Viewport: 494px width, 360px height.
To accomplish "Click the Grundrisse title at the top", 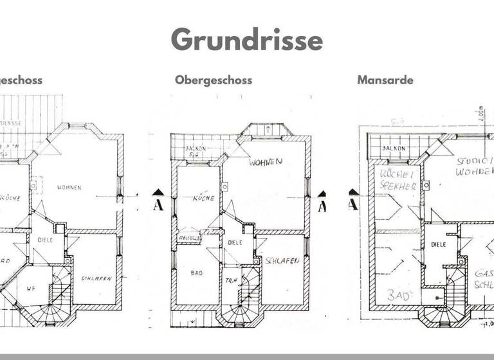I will tap(247, 40).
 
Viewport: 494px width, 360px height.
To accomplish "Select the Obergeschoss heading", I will tap(213, 80).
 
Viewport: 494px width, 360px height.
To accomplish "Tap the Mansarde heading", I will tap(385, 80).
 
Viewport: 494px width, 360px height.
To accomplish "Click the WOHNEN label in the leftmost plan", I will tap(69, 188).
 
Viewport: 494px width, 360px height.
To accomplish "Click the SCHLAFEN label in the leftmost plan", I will tap(97, 278).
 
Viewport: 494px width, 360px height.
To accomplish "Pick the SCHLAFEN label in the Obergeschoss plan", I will tap(281, 262).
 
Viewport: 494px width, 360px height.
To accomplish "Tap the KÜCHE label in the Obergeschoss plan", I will tap(203, 199).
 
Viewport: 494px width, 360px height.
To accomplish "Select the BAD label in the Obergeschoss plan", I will tap(197, 273).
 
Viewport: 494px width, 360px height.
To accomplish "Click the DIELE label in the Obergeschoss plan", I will tap(235, 242).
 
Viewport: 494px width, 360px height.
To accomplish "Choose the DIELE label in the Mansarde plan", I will tap(439, 245).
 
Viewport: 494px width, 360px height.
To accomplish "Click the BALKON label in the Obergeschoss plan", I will tap(194, 148).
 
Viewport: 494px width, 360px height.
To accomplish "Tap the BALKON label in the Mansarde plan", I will tap(393, 148).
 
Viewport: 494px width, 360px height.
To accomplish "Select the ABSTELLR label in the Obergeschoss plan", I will tap(190, 237).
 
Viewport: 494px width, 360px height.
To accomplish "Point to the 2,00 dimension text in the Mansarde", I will tap(480, 114).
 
